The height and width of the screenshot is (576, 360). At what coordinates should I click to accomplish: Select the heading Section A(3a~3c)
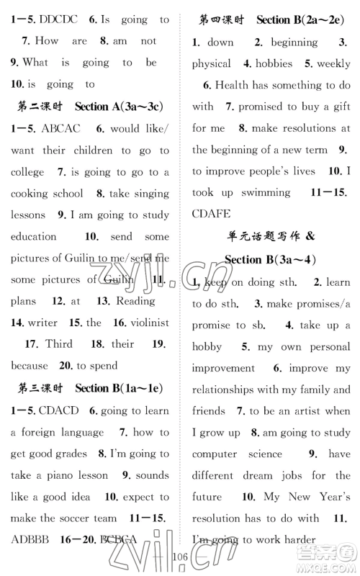119,107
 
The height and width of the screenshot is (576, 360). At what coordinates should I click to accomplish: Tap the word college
28,172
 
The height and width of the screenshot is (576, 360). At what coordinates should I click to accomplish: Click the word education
34,236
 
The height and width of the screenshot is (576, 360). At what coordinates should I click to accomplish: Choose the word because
30,366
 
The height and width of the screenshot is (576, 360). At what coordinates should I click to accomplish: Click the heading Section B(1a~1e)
119,388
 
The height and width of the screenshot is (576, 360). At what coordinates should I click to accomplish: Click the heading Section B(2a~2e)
303,20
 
